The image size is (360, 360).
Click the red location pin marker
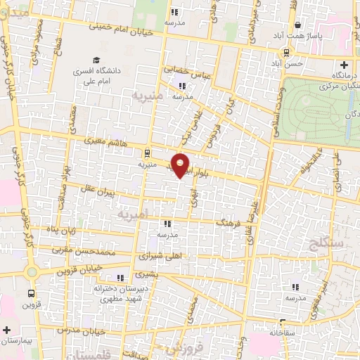pyautogui.click(x=181, y=165)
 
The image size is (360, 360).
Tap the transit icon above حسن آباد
pyautogui.click(x=285, y=52)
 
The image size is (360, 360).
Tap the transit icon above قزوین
pyautogui.click(x=31, y=292)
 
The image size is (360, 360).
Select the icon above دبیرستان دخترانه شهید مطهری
pyautogui.click(x=120, y=276)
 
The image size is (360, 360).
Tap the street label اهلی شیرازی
pyautogui.click(x=165, y=257)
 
